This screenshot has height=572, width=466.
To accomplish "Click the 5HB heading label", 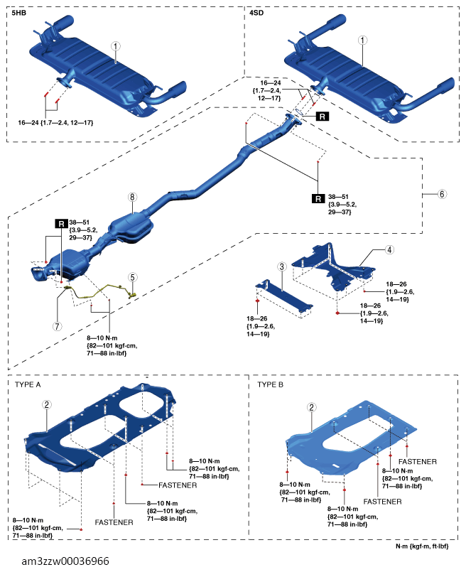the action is point(19,13).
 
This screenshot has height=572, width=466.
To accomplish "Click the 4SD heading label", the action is point(256,13).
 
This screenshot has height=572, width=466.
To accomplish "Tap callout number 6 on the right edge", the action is point(442,194).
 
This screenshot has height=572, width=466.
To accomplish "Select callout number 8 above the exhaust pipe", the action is point(132,198).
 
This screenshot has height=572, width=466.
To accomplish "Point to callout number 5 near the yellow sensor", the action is point(132,277).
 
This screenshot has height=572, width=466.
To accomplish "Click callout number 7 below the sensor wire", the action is point(58,326).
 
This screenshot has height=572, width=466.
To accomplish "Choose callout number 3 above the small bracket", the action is point(281,266).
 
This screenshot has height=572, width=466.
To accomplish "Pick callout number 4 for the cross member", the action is point(389,250).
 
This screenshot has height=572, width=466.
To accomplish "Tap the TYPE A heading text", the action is point(28,384).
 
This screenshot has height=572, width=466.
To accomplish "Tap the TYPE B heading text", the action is point(270,384).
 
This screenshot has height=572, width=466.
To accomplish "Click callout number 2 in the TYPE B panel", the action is point(311,407).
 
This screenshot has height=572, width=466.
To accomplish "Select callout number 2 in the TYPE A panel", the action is point(46,404).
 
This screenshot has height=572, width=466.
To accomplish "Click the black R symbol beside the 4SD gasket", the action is point(322,117).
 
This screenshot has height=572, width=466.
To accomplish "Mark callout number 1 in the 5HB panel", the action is point(116,46).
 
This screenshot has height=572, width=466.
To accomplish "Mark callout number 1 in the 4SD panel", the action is point(362,40).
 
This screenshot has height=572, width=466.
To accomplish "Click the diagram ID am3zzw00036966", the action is point(65,561).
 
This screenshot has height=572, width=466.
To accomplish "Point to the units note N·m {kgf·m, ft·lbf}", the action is point(422,546).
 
